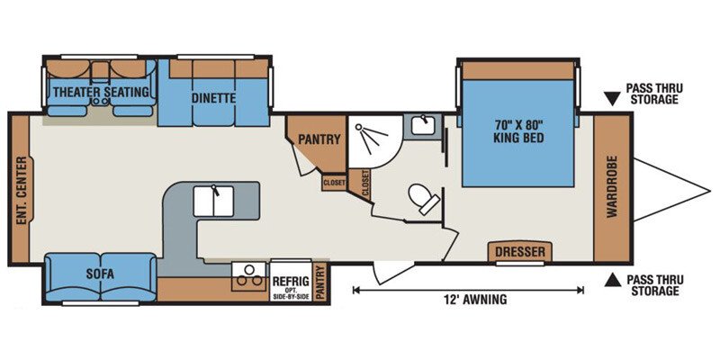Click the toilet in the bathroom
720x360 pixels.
[424, 198]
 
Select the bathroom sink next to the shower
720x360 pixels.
[422, 125]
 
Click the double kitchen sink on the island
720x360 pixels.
[213, 201]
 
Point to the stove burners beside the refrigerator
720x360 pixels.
[249, 276]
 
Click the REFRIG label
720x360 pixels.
[290, 280]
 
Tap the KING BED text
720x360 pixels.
[519, 137]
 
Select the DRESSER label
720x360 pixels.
[520, 252]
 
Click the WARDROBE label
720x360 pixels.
[612, 186]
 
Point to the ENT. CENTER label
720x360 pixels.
[20, 191]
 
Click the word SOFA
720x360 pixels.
[100, 274]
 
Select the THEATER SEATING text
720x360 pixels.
[101, 92]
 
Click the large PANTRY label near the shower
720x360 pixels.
[319, 139]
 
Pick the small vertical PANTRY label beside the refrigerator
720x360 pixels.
[320, 282]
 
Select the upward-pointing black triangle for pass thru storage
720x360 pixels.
[611, 280]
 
